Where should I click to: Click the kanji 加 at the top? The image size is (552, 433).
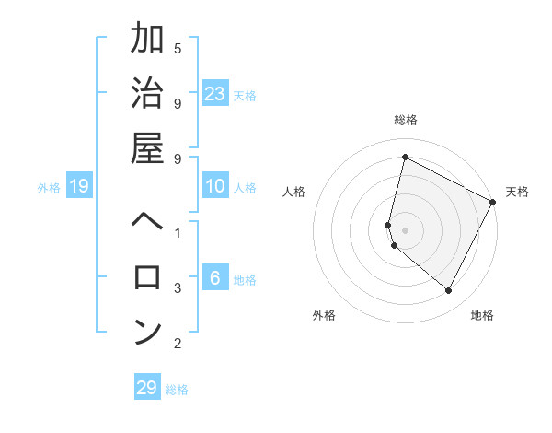[x=147, y=40]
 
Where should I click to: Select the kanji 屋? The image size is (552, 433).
[x=147, y=148]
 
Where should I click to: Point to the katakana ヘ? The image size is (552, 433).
[x=147, y=221]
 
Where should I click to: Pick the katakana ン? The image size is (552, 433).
[x=147, y=332]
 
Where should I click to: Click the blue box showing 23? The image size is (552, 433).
[x=215, y=93]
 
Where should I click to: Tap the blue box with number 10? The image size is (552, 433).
[x=215, y=187]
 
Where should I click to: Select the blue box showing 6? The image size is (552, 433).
[x=215, y=278]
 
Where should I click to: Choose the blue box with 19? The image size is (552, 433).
[x=79, y=187]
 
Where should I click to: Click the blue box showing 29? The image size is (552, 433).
[x=147, y=387]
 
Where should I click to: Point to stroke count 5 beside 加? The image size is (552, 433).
[x=178, y=47]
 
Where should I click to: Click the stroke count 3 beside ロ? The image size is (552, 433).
[x=178, y=287]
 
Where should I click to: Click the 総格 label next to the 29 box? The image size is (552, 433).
[x=178, y=390]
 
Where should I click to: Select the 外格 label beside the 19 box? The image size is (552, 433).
[x=49, y=188]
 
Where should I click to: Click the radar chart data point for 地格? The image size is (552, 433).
[x=448, y=290]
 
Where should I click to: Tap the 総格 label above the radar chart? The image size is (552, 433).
[x=406, y=120]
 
